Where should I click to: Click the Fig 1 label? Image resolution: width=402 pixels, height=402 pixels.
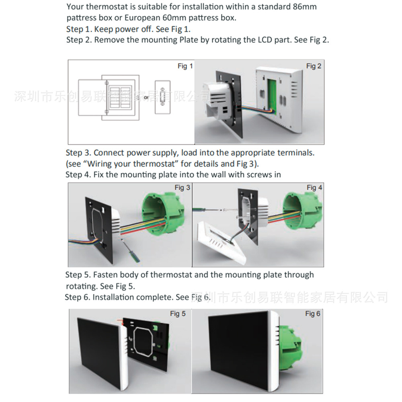pyautogui.click(x=185, y=66)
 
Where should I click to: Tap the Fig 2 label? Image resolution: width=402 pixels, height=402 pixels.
pyautogui.click(x=314, y=66)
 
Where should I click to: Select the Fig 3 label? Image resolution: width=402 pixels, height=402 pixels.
pyautogui.click(x=182, y=188)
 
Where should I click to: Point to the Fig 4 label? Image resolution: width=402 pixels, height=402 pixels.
pyautogui.click(x=314, y=188)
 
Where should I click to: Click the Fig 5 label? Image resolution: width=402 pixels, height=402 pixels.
pyautogui.click(x=178, y=314)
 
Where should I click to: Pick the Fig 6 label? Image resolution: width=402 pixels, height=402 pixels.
pyautogui.click(x=312, y=314)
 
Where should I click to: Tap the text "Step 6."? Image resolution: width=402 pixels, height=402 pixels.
pyautogui.click(x=78, y=297)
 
